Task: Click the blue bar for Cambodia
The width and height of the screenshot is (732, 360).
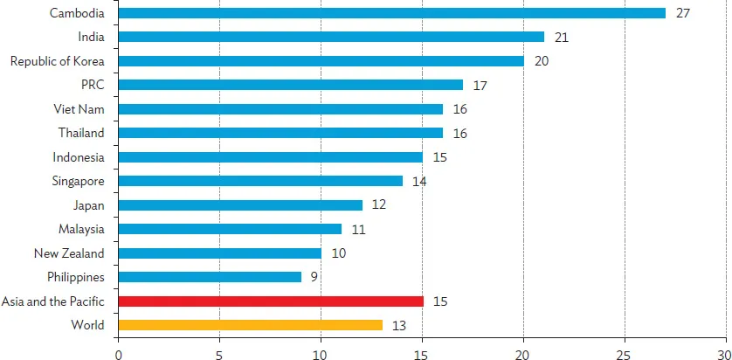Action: click(391, 13)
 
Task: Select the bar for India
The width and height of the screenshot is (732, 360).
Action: click(331, 37)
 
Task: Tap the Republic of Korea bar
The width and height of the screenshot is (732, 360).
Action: click(321, 61)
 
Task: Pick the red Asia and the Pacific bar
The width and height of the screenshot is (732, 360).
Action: click(270, 301)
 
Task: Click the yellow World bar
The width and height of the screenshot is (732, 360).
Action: click(250, 325)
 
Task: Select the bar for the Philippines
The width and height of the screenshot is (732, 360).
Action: click(210, 277)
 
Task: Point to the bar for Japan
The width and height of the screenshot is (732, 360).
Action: click(240, 205)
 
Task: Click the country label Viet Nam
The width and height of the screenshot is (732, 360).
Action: click(79, 109)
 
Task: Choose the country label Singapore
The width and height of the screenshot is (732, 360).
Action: click(77, 181)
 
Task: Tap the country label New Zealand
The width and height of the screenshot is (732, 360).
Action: click(69, 253)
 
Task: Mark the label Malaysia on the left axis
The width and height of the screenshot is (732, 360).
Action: click(81, 229)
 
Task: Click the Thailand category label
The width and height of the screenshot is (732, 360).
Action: click(81, 133)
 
